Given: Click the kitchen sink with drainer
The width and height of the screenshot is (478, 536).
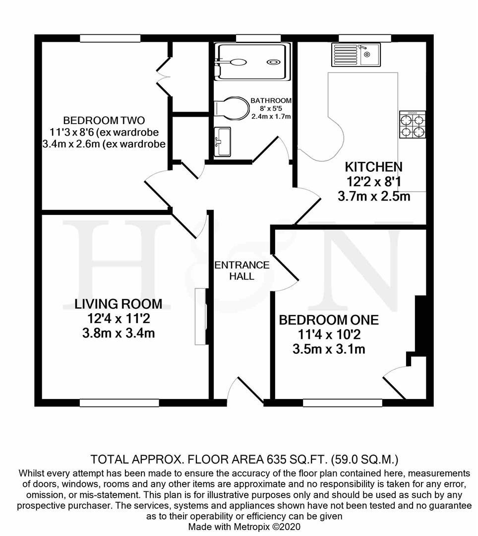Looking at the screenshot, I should click(356, 55).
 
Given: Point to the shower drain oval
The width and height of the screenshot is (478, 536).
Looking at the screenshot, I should click(273, 63).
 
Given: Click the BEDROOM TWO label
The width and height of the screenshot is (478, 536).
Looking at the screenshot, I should click(104, 121).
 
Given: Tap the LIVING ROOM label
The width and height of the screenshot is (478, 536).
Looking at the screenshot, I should click(119, 304).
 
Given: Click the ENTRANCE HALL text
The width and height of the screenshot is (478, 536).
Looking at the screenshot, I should click(241, 270).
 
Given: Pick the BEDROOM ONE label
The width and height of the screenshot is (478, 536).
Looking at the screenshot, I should click(329, 320).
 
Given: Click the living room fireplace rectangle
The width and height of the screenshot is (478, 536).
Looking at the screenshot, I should click(200, 316).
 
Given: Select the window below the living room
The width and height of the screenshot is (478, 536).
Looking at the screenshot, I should click(117, 402).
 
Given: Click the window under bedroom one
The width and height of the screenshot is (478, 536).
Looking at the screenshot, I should click(342, 402).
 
